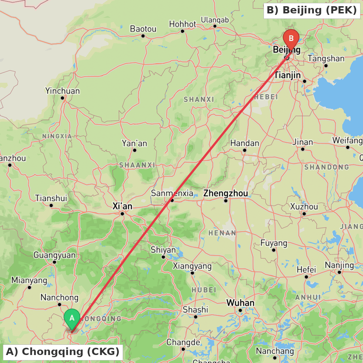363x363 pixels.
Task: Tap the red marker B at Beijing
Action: tap(291, 38)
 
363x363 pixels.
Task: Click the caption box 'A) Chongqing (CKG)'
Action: tap(63, 351)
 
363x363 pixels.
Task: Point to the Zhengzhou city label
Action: tap(225, 193)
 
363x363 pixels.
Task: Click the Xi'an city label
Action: tap(122, 207)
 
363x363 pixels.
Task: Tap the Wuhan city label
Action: tap(240, 303)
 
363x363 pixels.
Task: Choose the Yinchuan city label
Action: tap(62, 91)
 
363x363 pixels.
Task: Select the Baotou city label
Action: tap(143, 29)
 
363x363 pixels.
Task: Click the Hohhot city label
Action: tap(183, 24)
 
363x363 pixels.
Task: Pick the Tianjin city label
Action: tap(287, 75)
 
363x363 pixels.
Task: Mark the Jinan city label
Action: tap(302, 142)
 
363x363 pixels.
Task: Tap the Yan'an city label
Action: tap(134, 143)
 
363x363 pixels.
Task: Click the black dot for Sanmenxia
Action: tap(172, 200)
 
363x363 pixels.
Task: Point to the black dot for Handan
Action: tap(245, 150)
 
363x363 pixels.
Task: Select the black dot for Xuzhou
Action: tap(304, 214)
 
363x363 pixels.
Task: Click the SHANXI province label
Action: tap(199, 99)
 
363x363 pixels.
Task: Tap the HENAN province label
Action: tap(222, 233)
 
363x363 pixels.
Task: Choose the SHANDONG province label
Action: tap(326, 167)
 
